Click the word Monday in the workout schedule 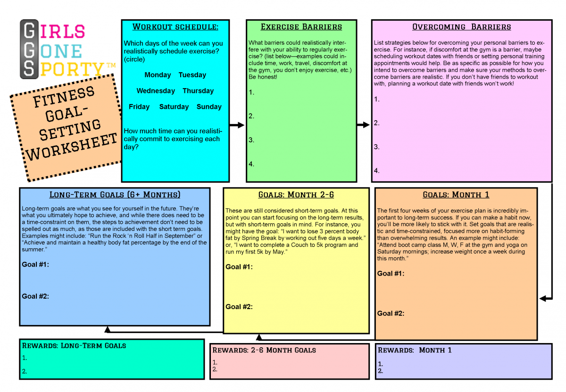point(158,75)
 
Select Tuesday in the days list point(192,75)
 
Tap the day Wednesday point(156,91)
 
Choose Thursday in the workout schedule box point(198,91)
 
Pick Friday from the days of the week point(139,107)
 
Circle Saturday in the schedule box point(174,107)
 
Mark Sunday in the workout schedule point(209,107)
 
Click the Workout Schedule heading point(175,27)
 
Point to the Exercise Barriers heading point(301,27)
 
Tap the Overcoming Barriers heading point(461,27)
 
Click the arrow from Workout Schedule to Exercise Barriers point(237,125)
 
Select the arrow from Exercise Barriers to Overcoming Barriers point(363,125)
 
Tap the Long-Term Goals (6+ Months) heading point(115,195)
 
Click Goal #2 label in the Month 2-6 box point(239,307)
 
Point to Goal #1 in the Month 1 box point(391,274)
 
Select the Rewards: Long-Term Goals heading point(74,345)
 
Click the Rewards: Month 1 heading point(415,350)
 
